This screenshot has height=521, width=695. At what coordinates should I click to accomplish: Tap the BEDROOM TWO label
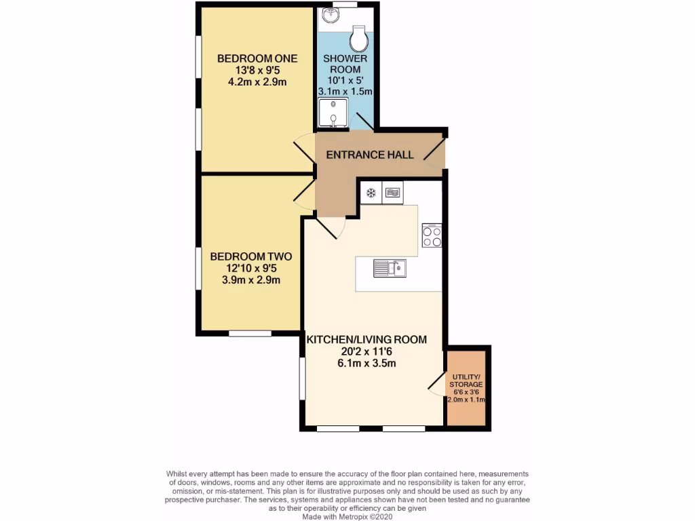[250, 256]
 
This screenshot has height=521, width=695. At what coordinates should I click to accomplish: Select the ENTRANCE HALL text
[370, 155]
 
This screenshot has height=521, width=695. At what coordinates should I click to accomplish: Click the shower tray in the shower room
[333, 113]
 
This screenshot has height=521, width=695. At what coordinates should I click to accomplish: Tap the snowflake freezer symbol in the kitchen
[371, 193]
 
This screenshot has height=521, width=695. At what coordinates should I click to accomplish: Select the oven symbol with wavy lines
[393, 193]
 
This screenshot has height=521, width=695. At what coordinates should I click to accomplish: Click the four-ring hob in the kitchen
[432, 236]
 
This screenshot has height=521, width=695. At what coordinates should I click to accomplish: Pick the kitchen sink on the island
[390, 269]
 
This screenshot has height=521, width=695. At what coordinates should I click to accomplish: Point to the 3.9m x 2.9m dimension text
[250, 279]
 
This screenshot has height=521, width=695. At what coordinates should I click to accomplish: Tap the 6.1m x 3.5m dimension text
[367, 364]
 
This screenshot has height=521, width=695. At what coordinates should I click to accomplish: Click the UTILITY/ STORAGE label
[466, 381]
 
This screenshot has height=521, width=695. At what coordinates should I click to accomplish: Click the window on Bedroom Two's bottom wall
[250, 333]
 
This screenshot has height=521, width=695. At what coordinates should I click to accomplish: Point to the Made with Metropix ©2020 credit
[347, 516]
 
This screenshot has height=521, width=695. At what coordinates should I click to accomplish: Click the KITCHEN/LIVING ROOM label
[367, 339]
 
